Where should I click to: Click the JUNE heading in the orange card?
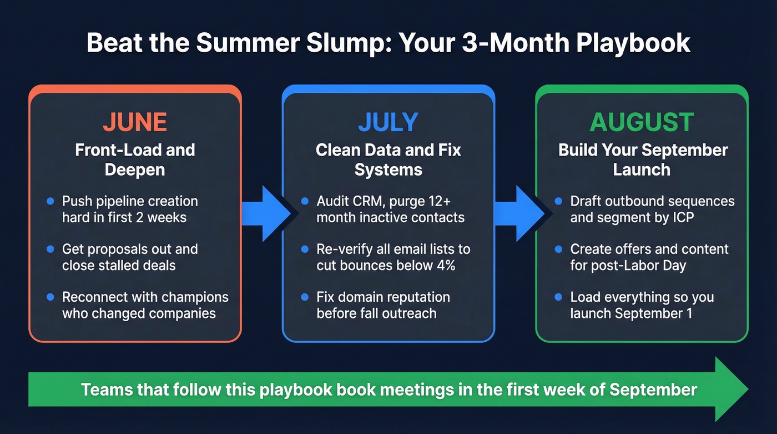pyautogui.click(x=135, y=122)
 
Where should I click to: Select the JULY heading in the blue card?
pyautogui.click(x=388, y=122)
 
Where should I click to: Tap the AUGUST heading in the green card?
pyautogui.click(x=642, y=122)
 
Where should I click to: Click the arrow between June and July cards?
pyautogui.click(x=265, y=212)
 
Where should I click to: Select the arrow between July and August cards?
pyautogui.click(x=517, y=212)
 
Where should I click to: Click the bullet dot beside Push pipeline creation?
pyautogui.click(x=51, y=201)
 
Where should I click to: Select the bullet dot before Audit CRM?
pyautogui.click(x=305, y=201)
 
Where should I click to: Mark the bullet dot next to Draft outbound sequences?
pyautogui.click(x=558, y=201)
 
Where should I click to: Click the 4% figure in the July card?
pyautogui.click(x=443, y=265)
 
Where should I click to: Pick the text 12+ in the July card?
pyautogui.click(x=449, y=201)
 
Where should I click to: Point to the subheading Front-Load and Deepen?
pyautogui.click(x=135, y=159)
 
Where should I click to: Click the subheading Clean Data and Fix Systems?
pyautogui.click(x=388, y=159)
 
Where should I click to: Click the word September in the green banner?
pyautogui.click(x=653, y=389)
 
